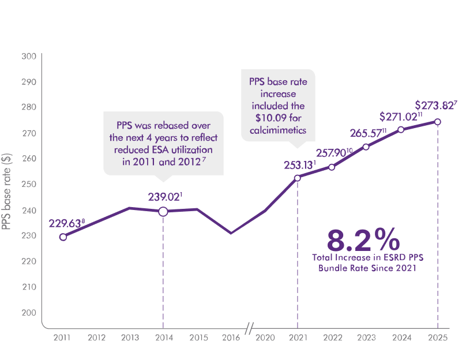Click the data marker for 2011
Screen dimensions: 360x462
click(x=63, y=237)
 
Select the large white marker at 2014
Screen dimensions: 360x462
click(x=163, y=211)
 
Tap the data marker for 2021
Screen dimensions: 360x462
click(x=297, y=178)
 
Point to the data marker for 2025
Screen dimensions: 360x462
click(x=438, y=122)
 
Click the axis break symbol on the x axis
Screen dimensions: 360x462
click(x=249, y=328)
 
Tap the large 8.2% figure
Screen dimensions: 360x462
click(x=363, y=239)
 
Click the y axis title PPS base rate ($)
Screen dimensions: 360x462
click(x=7, y=190)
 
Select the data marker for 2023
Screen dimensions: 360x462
click(x=366, y=147)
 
